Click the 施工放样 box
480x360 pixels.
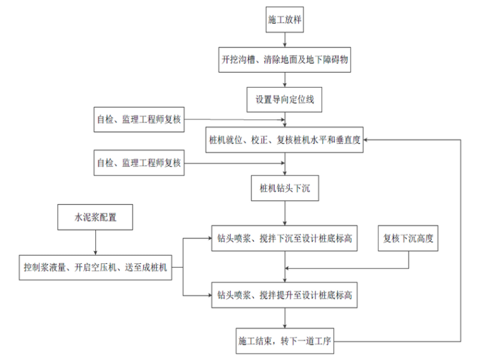click(x=286, y=20)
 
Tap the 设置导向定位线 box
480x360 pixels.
click(x=286, y=99)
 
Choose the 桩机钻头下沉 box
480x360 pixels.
click(x=286, y=188)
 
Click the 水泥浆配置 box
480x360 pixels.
click(x=95, y=219)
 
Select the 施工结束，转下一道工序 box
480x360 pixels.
click(x=285, y=342)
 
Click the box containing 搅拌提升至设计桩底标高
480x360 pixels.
click(x=285, y=294)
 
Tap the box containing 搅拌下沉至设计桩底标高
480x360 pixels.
click(x=285, y=239)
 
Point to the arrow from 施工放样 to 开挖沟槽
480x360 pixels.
click(x=286, y=40)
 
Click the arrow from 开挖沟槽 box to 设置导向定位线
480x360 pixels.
click(x=286, y=80)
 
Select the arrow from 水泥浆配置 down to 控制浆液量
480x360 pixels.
click(x=95, y=243)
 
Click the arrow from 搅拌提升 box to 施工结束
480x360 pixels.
click(x=286, y=318)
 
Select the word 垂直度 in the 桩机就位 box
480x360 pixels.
click(x=345, y=140)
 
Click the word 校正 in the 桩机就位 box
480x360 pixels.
click(x=259, y=140)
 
